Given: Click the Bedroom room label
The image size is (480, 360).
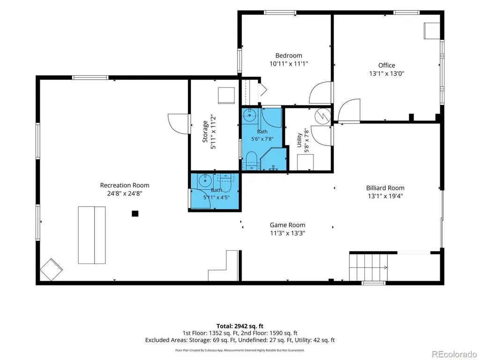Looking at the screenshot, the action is pyautogui.click(x=288, y=55).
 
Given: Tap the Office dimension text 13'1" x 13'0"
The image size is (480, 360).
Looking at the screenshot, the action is pyautogui.click(x=387, y=74).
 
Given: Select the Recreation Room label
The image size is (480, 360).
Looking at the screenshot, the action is pyautogui.click(x=125, y=185).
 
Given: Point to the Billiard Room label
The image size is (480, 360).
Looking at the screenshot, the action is pyautogui.click(x=385, y=188).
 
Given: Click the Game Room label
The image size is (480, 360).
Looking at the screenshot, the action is pyautogui.click(x=288, y=225).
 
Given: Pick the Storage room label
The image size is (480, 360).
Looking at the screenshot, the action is pyautogui.click(x=205, y=131).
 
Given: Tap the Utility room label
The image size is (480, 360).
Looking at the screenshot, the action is pyautogui.click(x=299, y=140).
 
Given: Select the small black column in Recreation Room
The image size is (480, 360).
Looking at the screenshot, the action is pyautogui.click(x=135, y=214).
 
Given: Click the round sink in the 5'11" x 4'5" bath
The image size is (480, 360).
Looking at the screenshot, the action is pyautogui.click(x=204, y=180).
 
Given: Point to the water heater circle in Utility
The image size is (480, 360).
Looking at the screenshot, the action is pyautogui.click(x=323, y=115).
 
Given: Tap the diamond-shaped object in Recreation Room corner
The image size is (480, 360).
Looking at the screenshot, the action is pyautogui.click(x=52, y=270).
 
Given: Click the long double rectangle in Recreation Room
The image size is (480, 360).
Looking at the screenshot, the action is pyautogui.click(x=92, y=235).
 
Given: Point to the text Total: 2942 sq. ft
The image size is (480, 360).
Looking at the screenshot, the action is pyautogui.click(x=240, y=326).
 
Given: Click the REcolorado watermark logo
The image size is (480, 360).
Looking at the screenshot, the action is pyautogui.click(x=454, y=354).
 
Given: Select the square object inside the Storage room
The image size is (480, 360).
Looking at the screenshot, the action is pyautogui.click(x=227, y=96).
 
